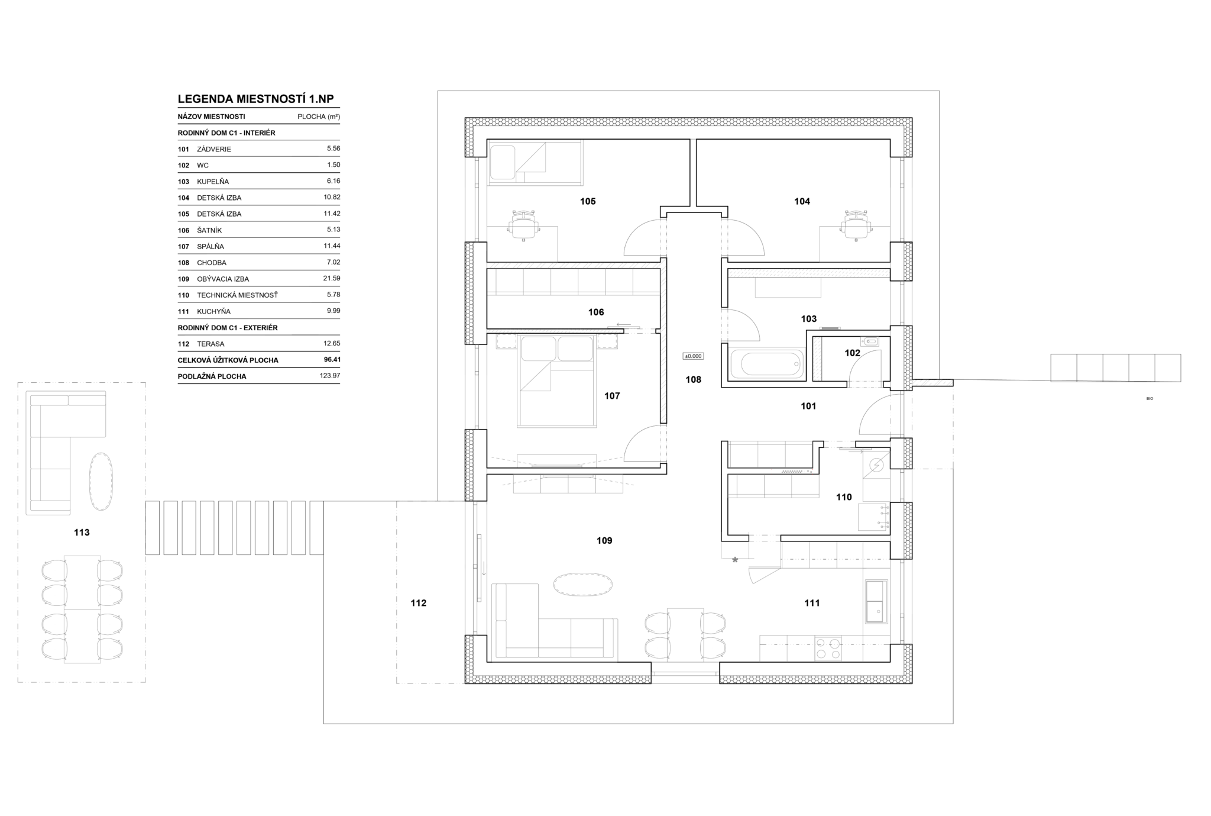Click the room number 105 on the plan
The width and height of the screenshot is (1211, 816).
click(588, 202)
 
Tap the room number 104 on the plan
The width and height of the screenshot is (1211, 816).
click(802, 202)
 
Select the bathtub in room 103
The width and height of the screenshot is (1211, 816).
click(767, 364)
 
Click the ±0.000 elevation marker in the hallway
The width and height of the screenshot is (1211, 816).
click(693, 356)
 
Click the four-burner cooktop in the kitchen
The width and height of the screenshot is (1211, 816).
click(828, 648)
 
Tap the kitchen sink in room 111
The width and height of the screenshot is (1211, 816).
click(876, 601)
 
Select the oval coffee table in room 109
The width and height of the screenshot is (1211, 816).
click(582, 585)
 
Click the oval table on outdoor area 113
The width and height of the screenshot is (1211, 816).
click(101, 480)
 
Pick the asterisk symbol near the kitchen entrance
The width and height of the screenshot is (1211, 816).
click(735, 560)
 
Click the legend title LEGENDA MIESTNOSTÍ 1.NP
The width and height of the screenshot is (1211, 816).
click(255, 99)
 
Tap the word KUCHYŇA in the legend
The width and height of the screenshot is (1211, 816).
click(214, 311)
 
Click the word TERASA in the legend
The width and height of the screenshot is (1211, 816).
click(211, 344)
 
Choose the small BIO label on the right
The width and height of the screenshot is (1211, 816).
click(1150, 399)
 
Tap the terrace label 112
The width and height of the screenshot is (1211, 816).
click(418, 603)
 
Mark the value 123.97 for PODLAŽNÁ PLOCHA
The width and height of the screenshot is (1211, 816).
click(330, 375)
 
